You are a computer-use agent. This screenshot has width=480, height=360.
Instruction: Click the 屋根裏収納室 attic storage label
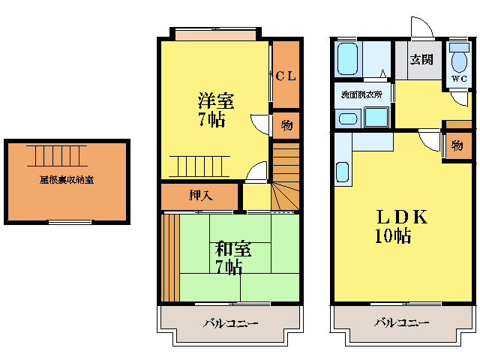click(67, 180)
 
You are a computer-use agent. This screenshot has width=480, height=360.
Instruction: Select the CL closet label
click(285, 75)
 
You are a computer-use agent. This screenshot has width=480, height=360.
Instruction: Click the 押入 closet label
click(200, 196)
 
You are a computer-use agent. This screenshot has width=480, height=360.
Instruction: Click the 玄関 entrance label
click(421, 60)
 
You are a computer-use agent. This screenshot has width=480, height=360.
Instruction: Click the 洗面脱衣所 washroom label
click(361, 94)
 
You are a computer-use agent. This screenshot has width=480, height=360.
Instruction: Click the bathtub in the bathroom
click(347, 58)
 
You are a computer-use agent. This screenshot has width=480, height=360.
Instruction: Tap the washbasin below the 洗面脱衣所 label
click(347, 118)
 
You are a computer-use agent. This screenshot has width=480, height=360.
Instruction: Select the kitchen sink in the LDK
click(343, 172)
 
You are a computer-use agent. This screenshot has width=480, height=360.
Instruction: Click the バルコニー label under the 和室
click(231, 324)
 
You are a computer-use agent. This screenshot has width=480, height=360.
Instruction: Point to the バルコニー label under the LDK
click(403, 323)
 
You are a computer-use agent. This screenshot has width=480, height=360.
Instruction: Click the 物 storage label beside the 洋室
click(286, 124)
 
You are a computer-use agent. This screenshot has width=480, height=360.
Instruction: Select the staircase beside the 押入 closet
click(285, 180)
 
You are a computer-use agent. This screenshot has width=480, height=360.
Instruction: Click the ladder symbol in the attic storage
click(56, 155)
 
